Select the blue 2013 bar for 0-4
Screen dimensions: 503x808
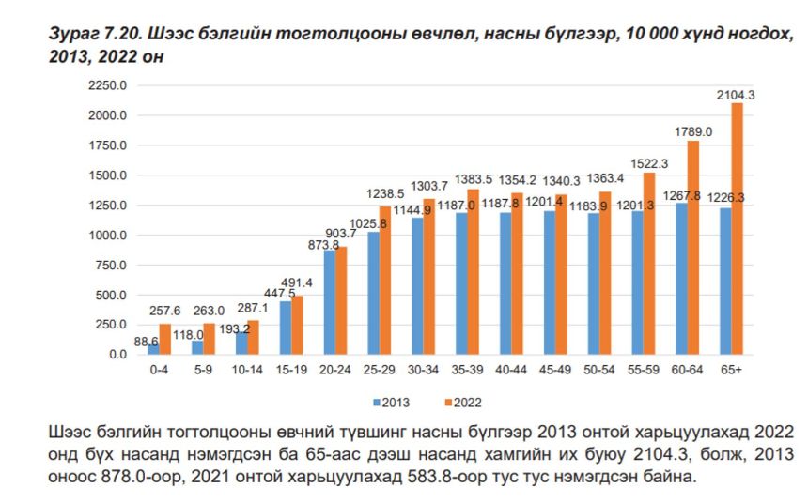(152, 349)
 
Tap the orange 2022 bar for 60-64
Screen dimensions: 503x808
(692, 248)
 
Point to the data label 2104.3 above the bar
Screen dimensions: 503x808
(736, 95)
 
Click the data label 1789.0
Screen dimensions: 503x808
(693, 132)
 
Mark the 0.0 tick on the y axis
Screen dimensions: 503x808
(117, 355)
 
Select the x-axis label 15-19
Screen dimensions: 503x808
(290, 370)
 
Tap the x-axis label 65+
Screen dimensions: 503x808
(730, 370)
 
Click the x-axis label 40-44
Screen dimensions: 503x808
(510, 370)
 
